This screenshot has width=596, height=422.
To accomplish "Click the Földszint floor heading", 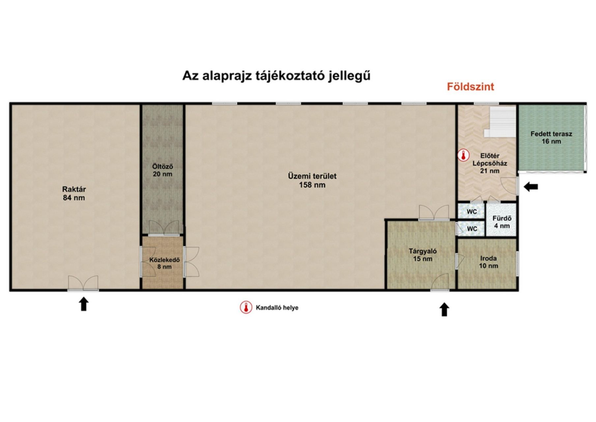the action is [x=470, y=87].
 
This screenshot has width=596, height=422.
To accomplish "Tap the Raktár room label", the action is [x=74, y=194].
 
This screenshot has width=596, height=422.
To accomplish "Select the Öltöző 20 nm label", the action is [x=162, y=170].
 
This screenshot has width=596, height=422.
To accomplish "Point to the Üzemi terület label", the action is [x=312, y=180].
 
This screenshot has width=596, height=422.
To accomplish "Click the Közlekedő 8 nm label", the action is [x=164, y=263].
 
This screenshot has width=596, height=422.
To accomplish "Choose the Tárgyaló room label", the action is [x=423, y=255].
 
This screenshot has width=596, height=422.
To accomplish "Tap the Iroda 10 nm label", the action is [x=488, y=262].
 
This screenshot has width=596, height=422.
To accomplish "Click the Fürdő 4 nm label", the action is [x=502, y=222].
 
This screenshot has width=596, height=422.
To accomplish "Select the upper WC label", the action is [x=472, y=212].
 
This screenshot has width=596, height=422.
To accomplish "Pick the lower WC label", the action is [x=472, y=229].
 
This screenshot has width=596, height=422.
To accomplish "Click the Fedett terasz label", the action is [x=551, y=137].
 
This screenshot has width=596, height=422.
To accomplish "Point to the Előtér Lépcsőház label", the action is [x=490, y=163].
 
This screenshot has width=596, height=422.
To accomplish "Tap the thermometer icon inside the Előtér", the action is [x=464, y=155].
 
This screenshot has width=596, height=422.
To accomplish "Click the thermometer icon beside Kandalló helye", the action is [x=246, y=307].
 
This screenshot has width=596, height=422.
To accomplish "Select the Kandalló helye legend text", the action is [x=277, y=308].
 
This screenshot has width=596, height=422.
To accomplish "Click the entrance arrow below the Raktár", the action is [x=84, y=304].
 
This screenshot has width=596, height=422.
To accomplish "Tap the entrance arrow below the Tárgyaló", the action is [x=444, y=310].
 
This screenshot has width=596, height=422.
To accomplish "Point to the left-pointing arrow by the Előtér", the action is [x=531, y=187].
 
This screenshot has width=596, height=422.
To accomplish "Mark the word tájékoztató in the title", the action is [x=290, y=76].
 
